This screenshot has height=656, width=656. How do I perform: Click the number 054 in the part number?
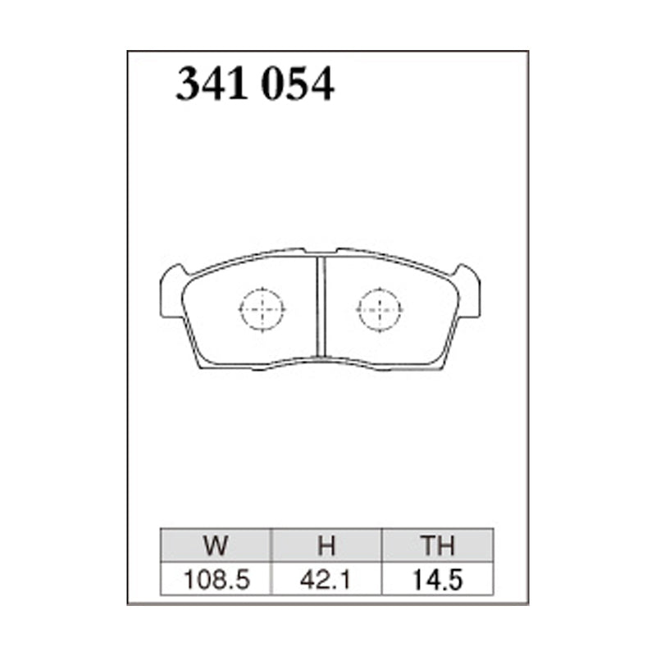(298, 85)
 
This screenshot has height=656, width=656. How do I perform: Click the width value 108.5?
(216, 580)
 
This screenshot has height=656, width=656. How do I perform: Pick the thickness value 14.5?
(438, 580)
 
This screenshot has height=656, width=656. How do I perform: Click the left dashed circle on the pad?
(261, 310)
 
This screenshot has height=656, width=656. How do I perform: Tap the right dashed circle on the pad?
(380, 310)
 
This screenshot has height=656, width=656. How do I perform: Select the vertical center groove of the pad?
(321, 307)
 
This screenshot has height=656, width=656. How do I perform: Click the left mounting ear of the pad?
(171, 291)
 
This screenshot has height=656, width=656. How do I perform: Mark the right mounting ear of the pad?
(469, 291)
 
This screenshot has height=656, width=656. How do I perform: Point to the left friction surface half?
(246, 328)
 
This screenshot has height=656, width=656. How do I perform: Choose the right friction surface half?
(394, 328)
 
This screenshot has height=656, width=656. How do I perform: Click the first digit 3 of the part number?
(189, 85)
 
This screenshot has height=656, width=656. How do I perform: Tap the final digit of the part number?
(322, 85)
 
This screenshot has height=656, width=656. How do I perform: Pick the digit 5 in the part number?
(298, 85)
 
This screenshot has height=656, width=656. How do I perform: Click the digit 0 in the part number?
(273, 85)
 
